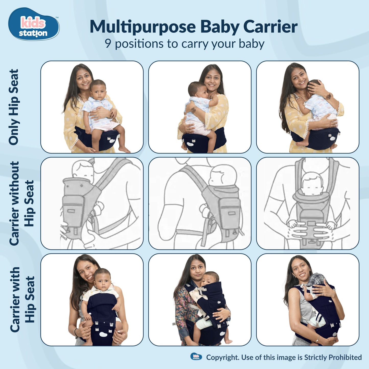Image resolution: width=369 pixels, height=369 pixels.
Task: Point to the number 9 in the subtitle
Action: [108, 44]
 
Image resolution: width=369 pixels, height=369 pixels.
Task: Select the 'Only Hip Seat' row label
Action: [14, 107]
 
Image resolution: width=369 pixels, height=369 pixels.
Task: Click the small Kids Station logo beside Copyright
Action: [196, 357]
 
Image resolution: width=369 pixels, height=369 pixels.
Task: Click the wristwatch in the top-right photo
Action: [328, 96]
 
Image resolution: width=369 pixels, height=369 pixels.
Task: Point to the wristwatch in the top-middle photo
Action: [194, 110]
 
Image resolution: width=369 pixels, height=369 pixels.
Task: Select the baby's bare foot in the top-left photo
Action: [124, 150]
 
